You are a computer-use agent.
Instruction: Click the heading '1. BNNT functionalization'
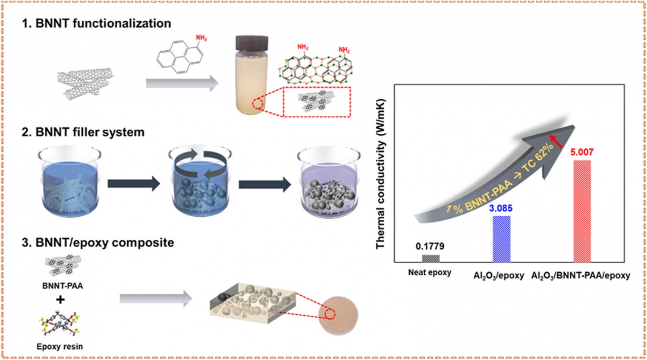click(96, 23)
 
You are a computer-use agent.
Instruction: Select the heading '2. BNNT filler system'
click(83, 132)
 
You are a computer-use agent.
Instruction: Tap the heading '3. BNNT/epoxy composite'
click(97, 243)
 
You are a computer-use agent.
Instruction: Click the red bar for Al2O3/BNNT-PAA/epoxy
click(582, 211)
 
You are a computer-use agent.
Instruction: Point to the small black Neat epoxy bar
click(430, 259)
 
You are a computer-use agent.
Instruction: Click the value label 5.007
click(582, 152)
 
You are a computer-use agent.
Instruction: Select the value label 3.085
click(501, 208)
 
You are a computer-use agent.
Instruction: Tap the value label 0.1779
click(430, 246)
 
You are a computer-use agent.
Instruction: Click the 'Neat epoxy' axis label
click(430, 273)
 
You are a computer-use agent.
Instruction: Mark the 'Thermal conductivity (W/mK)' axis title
click(380, 174)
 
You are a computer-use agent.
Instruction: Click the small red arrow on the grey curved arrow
click(556, 141)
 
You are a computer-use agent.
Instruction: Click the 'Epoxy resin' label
click(60, 347)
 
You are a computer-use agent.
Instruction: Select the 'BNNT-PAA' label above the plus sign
click(63, 286)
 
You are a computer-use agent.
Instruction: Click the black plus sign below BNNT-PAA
click(60, 299)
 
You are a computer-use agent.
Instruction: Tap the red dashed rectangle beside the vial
click(317, 102)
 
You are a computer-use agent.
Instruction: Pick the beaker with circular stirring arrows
click(200, 181)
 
